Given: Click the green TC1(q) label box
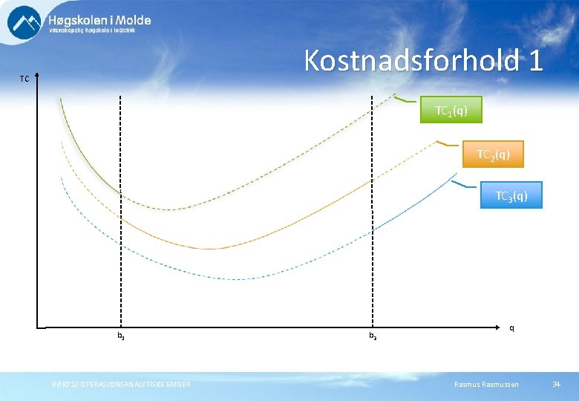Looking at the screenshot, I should [451, 110].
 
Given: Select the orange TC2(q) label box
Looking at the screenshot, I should [493, 154].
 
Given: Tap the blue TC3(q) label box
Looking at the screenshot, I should [511, 196].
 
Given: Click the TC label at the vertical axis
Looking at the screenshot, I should [24, 79].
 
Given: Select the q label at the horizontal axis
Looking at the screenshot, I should [511, 327].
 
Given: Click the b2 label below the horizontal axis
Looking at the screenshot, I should [373, 337].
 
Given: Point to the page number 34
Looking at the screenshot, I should [556, 384].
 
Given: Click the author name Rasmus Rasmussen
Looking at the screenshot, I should [486, 384].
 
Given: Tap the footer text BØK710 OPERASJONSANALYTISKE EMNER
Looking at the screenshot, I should [121, 384].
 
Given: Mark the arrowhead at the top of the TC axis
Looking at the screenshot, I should [37, 76].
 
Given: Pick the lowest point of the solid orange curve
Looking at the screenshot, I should [212, 248].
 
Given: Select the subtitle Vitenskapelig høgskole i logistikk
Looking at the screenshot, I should [99, 31].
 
